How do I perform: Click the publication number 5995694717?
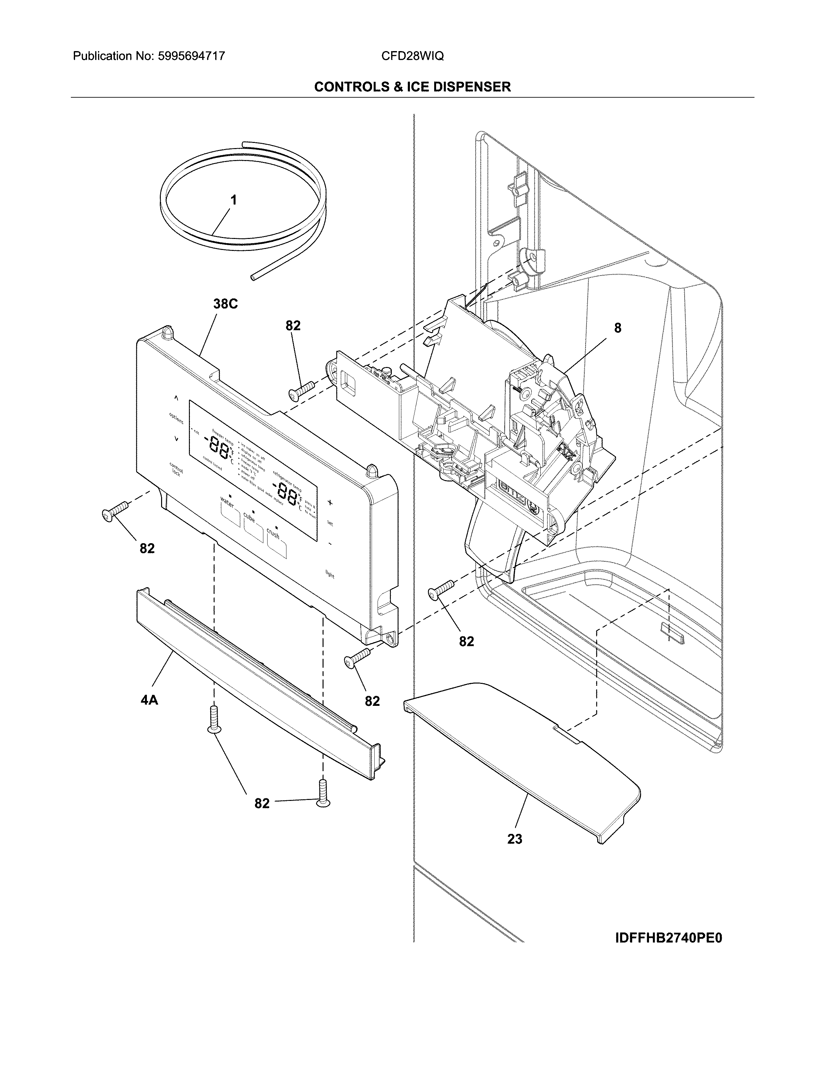(x=191, y=56)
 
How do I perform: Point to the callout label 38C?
(x=225, y=304)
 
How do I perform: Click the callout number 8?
(x=618, y=328)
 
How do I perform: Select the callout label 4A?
(x=149, y=700)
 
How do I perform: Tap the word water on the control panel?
(x=227, y=501)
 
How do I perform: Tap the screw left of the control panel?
(x=114, y=511)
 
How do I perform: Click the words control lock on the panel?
(x=176, y=469)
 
